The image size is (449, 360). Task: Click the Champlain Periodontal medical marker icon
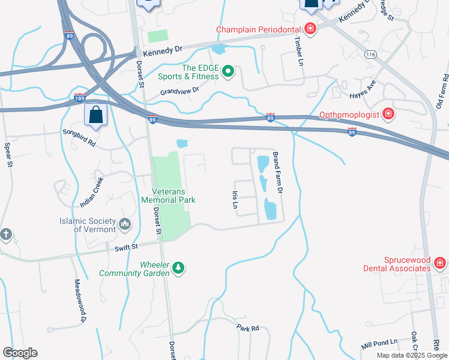(x=310, y=29)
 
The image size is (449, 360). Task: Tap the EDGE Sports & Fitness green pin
(x=228, y=73)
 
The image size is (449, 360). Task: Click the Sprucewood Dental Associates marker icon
(x=440, y=263)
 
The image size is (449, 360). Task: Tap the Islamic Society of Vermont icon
(x=125, y=224)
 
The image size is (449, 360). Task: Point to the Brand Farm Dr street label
(x=277, y=172)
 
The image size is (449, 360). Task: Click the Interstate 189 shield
(x=79, y=97)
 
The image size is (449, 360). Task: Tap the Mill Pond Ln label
(x=379, y=343)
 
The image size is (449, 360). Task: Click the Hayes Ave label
(x=363, y=90)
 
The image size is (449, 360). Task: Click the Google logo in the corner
(x=20, y=353)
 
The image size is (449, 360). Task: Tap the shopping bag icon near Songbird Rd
(x=95, y=114)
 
